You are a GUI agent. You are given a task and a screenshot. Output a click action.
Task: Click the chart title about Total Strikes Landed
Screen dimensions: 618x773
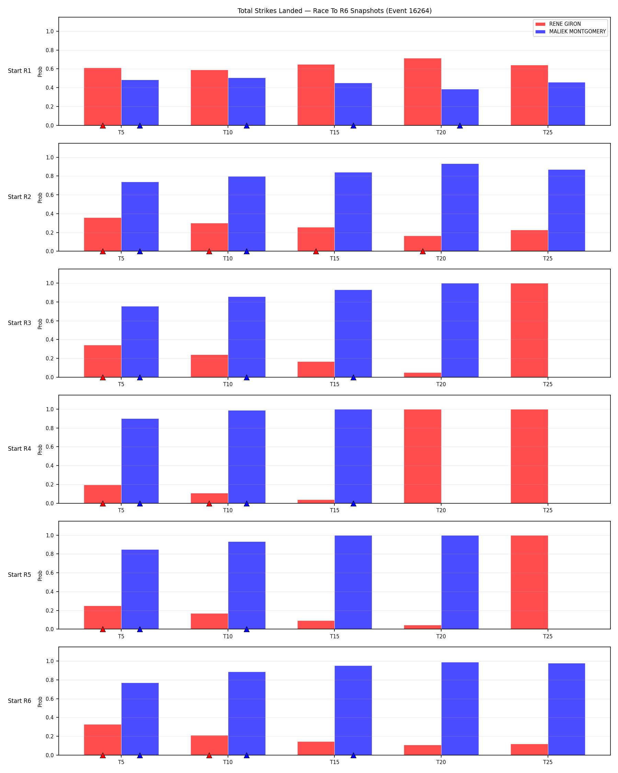[334, 11]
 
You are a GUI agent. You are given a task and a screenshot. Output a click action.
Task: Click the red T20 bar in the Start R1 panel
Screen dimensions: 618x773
[422, 92]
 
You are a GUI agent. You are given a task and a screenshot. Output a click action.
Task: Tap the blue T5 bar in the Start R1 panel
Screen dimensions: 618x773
[140, 102]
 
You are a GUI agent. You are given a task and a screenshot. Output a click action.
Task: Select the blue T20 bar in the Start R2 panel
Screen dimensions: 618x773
[460, 208]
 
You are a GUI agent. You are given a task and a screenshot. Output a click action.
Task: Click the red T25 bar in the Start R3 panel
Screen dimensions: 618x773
[529, 330]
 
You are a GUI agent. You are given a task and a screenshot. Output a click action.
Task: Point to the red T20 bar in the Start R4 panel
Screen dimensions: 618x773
[422, 457]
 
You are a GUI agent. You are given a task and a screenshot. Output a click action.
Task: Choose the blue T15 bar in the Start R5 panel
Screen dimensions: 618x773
[353, 582]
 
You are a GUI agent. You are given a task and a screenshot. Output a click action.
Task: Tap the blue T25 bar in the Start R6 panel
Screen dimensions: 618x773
[566, 709]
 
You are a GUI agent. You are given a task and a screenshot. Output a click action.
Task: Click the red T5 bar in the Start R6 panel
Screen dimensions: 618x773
[102, 740]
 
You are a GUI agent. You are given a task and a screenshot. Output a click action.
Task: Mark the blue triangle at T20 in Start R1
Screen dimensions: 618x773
[460, 125]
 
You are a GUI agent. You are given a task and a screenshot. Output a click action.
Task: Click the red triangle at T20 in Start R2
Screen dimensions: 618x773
[423, 251]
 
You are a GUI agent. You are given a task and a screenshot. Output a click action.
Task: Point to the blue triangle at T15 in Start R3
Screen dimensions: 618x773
[353, 377]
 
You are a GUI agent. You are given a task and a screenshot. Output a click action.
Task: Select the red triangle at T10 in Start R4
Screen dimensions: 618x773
[209, 503]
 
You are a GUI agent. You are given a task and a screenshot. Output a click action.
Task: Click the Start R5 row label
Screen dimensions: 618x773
[19, 575]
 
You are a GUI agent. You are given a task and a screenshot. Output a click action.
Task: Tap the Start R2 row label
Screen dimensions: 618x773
[19, 197]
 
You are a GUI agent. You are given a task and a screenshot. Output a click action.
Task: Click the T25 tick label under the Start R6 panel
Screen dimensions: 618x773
[548, 762]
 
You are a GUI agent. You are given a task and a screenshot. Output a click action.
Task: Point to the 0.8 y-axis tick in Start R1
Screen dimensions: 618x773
[50, 50]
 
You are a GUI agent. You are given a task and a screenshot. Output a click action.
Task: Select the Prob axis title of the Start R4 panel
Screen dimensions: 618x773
[40, 450]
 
